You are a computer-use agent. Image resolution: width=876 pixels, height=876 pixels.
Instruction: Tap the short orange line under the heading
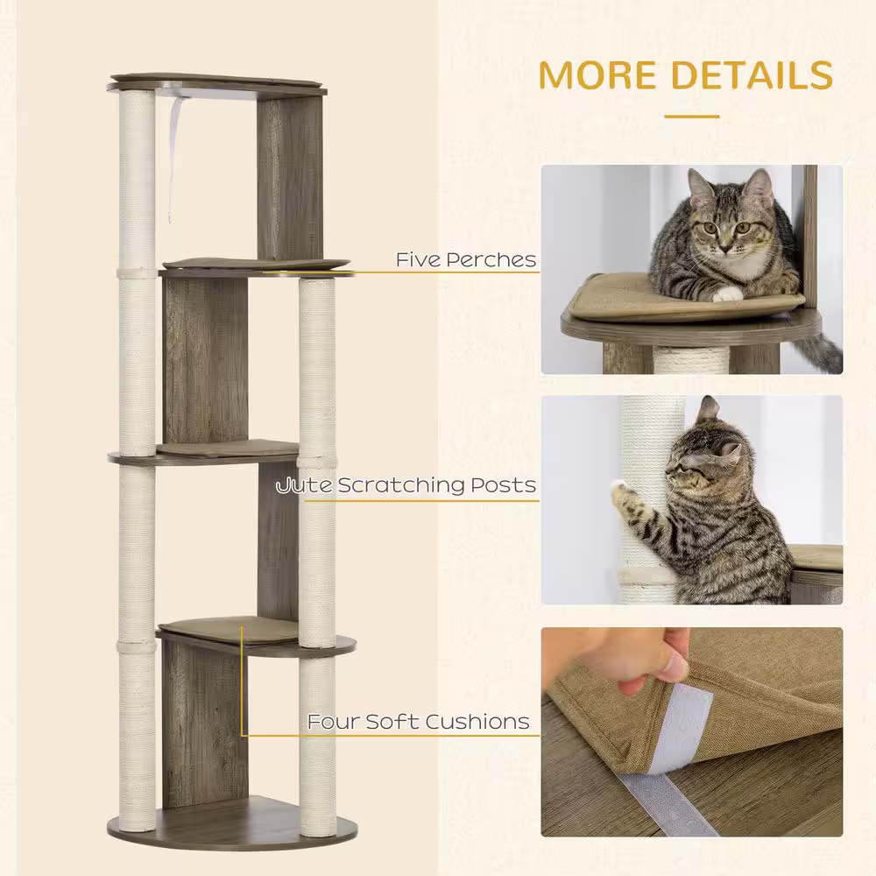click(x=691, y=116)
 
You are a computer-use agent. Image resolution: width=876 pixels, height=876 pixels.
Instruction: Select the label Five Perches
click(x=465, y=259)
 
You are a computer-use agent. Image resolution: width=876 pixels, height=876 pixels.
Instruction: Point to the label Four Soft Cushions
click(x=418, y=722)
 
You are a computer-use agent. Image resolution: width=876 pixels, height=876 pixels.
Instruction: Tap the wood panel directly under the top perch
click(x=290, y=175)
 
